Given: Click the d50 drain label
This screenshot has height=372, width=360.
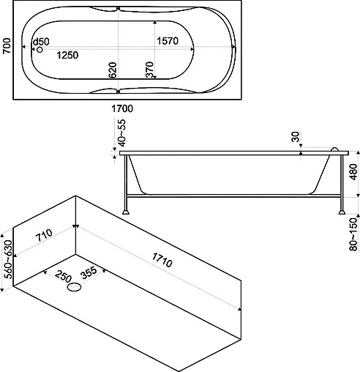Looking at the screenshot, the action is [x=41, y=42].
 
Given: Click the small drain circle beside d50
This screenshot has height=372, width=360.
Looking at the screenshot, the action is [x=40, y=50].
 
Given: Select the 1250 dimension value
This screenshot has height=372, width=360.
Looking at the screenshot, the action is [x=67, y=55].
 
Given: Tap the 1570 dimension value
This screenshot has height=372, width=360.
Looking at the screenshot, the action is [x=168, y=41].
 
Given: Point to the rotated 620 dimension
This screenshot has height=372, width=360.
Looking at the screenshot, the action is [x=113, y=70].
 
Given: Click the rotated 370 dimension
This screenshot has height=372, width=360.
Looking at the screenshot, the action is [x=149, y=70].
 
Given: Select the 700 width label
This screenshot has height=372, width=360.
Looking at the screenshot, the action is [x=7, y=46].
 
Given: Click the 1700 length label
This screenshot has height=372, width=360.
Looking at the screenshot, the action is [x=122, y=108].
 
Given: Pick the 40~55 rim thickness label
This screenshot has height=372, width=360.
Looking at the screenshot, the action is [x=121, y=133].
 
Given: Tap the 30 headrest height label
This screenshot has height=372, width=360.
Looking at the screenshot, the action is [x=295, y=137].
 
